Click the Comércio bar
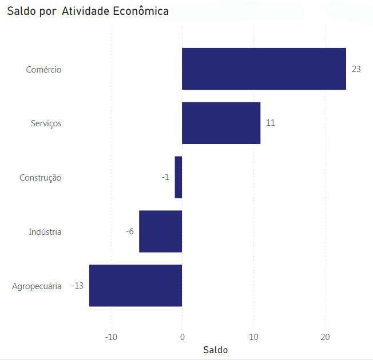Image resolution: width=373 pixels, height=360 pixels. (264, 69)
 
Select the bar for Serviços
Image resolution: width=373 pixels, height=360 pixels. (221, 123)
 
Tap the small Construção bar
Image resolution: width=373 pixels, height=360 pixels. (178, 177)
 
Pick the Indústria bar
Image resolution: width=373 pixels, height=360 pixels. (160, 231)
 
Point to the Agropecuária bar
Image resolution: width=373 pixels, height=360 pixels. (136, 286)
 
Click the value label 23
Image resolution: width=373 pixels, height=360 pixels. (356, 69)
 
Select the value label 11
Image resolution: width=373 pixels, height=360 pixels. (271, 123)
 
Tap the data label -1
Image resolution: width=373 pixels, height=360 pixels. (165, 177)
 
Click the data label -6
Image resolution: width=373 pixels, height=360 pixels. (130, 231)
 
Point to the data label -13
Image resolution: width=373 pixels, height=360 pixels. (78, 286)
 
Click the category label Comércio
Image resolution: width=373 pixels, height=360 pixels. (43, 70)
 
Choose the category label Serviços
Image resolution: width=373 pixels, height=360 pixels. (46, 123)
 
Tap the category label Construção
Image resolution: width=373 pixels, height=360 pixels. (40, 178)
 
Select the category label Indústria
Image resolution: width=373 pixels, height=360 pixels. (45, 232)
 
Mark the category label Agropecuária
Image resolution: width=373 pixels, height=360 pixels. (37, 286)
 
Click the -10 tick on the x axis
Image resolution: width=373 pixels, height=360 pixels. (111, 337)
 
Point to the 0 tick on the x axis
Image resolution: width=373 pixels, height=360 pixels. (182, 337)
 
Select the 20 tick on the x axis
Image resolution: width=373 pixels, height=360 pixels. (325, 337)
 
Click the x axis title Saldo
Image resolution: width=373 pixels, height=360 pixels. (215, 350)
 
